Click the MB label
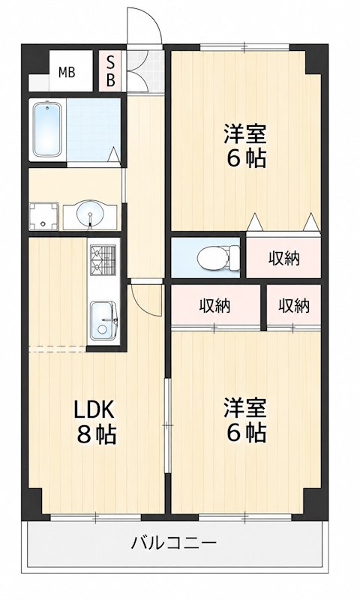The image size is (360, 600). coord(67,72)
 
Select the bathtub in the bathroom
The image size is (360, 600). coord(47,129)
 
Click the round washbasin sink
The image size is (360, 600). coord(89,214)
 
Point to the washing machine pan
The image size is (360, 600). coord(43,217)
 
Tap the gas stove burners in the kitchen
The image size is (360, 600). coord(103,260)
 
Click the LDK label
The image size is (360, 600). coord(94,410)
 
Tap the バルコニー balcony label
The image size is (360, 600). coord(174,542)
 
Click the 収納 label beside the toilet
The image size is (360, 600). coord(283,259)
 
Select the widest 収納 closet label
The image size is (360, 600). coord(214,306)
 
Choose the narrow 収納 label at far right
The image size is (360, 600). coord(294,306)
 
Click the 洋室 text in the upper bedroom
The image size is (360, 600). coord(244,133)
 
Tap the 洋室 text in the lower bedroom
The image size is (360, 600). coord(244,407)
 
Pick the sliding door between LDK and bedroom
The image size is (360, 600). coord(166,425)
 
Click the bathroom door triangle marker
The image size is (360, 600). coord(113,155)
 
